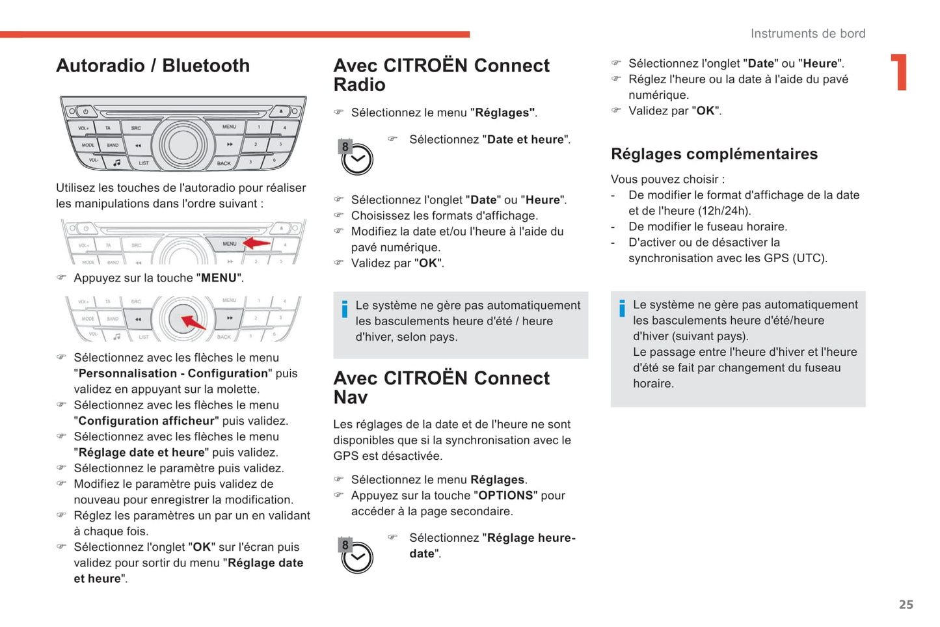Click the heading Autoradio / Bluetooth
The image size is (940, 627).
[153, 66]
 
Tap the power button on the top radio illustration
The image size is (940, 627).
[85, 111]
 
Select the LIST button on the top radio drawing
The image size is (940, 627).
[143, 163]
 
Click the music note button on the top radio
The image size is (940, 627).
[117, 162]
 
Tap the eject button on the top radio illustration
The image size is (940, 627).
[281, 111]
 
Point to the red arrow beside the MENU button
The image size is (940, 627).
[256, 243]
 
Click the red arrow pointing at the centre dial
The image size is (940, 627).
[193, 322]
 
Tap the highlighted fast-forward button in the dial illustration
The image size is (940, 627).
[229, 319]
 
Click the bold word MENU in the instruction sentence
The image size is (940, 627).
[219, 278]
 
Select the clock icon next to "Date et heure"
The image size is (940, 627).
[356, 158]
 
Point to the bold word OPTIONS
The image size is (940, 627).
[505, 496]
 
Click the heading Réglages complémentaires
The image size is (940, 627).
[714, 154]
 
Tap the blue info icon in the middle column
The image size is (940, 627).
[344, 309]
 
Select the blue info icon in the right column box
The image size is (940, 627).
[622, 308]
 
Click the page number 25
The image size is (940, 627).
[906, 604]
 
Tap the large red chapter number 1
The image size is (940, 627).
[900, 72]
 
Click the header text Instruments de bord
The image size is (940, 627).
[807, 34]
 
